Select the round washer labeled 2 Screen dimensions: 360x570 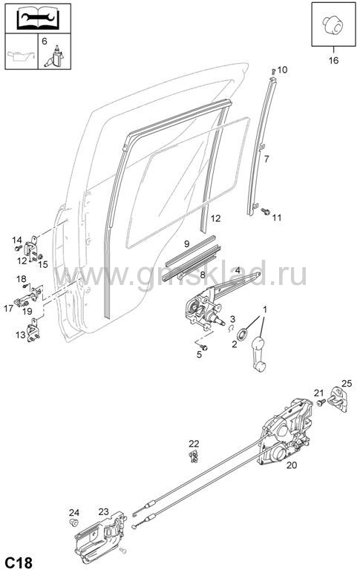(242, 335)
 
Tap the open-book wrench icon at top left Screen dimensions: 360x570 (38, 19)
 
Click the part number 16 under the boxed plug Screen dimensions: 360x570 (333, 60)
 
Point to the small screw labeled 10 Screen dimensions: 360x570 (273, 71)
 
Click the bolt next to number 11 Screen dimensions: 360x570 (266, 211)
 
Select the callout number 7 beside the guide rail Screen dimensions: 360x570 (266, 159)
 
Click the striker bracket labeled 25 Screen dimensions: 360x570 (339, 400)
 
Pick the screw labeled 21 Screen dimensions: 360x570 (321, 403)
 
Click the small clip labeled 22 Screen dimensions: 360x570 (194, 456)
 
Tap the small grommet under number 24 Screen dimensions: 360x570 (74, 522)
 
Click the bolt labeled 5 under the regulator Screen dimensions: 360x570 (203, 348)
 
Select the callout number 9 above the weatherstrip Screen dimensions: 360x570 (186, 243)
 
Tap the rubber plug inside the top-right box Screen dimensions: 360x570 (333, 24)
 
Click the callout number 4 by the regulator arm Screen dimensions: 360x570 (237, 270)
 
